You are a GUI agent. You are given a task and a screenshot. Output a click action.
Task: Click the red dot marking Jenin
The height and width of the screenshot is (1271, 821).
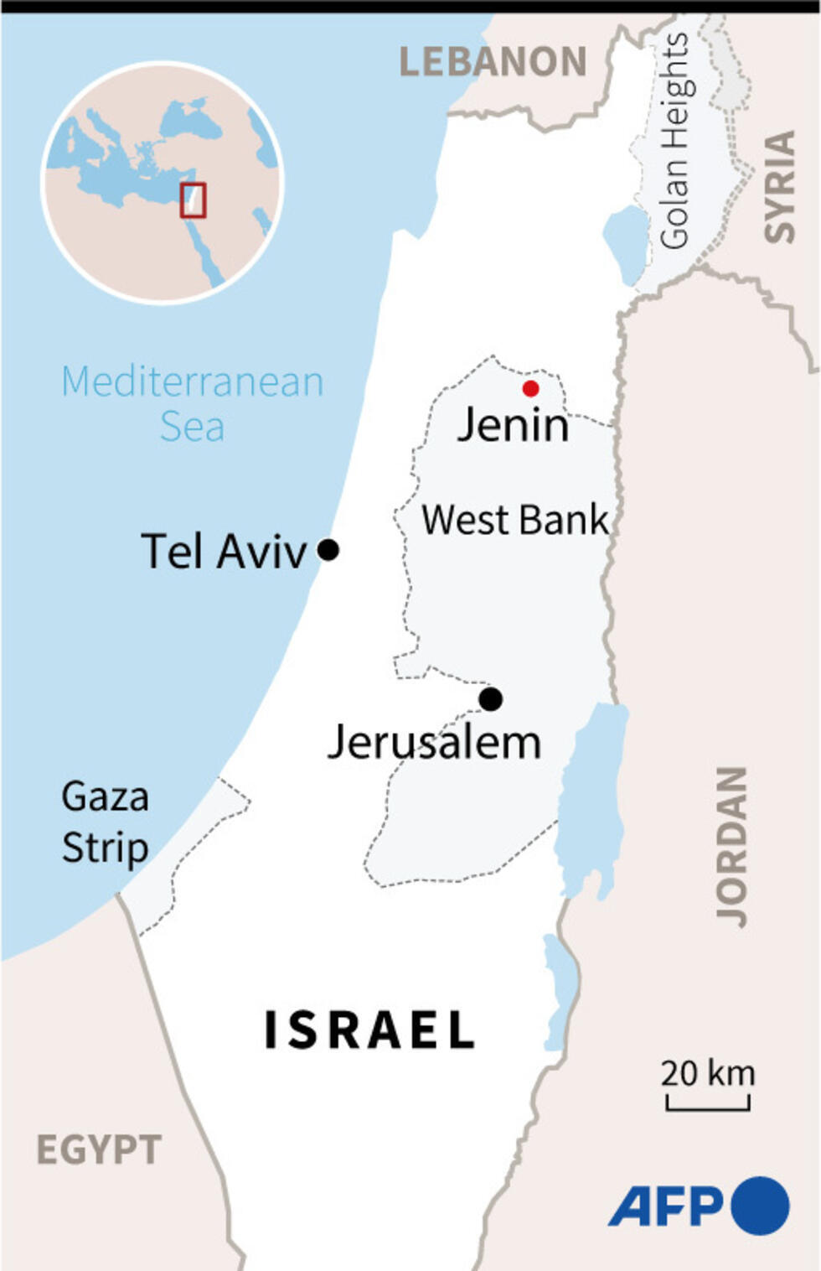530,388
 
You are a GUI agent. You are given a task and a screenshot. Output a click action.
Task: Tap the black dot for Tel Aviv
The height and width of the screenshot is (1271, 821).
328,550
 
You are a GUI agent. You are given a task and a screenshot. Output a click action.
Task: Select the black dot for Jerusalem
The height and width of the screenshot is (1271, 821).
491,698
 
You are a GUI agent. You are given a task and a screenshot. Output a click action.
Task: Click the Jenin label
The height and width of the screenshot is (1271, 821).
513,425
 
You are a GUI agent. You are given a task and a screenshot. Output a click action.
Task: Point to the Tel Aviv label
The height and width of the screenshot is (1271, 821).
224,552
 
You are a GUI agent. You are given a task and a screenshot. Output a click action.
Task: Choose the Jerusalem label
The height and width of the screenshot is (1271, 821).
434,743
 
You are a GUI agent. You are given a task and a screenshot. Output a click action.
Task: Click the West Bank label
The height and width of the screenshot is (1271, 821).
514,520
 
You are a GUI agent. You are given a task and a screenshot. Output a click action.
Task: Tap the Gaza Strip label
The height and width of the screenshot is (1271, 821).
105,822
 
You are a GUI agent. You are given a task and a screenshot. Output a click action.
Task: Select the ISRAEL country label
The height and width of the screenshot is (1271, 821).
369,1030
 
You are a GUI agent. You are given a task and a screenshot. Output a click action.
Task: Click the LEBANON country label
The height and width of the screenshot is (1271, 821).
493,62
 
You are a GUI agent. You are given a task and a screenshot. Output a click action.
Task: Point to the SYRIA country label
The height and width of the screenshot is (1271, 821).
780,186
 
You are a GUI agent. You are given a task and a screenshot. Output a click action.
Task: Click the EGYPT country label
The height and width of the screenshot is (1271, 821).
99,1149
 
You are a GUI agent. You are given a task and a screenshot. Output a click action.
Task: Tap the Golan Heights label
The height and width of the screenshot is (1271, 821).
674,141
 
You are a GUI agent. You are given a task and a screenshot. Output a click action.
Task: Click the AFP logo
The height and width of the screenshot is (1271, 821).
698,1206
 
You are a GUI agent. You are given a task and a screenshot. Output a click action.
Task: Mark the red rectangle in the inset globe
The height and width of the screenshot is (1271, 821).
193,200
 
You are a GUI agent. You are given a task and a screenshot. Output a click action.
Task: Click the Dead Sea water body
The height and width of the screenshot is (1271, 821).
590,796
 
